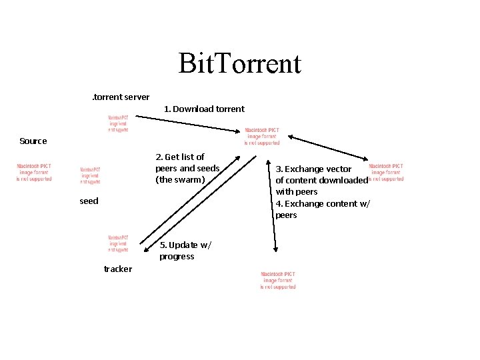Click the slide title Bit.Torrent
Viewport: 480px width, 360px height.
click(x=240, y=64)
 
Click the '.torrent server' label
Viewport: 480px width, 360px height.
click(x=121, y=97)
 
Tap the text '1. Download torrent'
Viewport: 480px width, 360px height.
click(x=204, y=109)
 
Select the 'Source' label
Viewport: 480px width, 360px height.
click(x=33, y=141)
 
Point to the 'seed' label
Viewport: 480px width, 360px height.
click(x=89, y=201)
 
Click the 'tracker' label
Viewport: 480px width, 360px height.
click(x=118, y=269)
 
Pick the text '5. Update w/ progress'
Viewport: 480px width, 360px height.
click(x=185, y=250)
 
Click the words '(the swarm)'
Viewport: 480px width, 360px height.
click(x=180, y=179)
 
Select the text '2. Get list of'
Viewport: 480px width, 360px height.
click(x=180, y=157)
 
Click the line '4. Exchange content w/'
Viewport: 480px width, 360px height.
click(x=323, y=203)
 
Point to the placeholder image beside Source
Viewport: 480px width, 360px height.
click(x=34, y=172)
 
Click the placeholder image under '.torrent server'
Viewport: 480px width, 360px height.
click(x=119, y=124)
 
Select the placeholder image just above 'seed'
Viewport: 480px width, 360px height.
click(x=90, y=175)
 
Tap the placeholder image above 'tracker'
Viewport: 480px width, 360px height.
click(x=119, y=244)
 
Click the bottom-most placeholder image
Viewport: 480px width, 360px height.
click(x=278, y=280)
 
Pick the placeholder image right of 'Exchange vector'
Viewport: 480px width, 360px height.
click(x=386, y=172)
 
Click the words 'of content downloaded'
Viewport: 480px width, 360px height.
click(x=321, y=180)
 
